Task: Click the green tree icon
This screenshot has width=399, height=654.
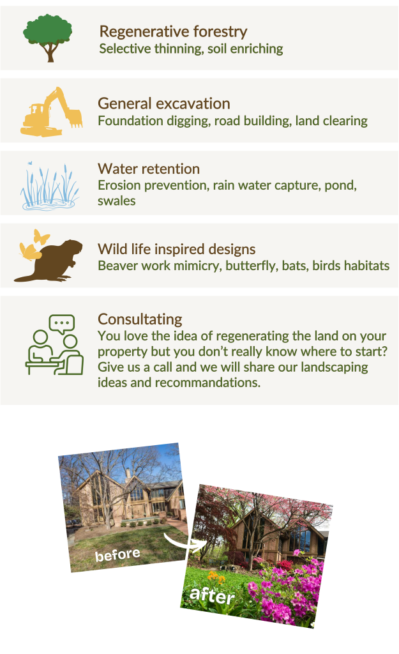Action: point(47,38)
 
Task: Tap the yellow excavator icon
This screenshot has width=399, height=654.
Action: point(51,111)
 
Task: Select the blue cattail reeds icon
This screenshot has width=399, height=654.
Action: point(50,186)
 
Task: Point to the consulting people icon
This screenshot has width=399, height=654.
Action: point(55,344)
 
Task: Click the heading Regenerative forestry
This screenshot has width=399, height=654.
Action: point(173,31)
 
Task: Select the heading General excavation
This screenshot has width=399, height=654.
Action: point(164,103)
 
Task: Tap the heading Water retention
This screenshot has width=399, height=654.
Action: point(149,169)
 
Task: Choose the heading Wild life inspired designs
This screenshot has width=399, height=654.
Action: point(177,249)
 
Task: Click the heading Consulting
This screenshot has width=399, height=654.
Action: point(140,319)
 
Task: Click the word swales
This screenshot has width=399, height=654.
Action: point(117,201)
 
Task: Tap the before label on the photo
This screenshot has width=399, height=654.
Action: point(117,555)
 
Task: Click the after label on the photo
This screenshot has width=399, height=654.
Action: point(212,595)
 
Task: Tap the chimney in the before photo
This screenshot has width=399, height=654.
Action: point(128,475)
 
